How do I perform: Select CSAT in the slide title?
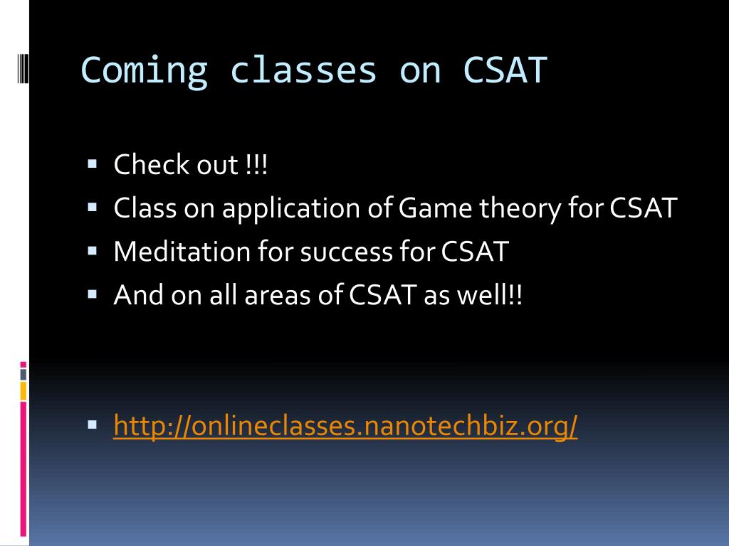pos(505,70)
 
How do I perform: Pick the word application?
pos(291,208)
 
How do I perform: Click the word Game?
pos(436,208)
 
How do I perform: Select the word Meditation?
pos(182,252)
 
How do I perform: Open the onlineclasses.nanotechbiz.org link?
pos(345,425)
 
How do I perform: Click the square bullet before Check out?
pos(92,164)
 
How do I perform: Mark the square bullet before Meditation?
pos(92,251)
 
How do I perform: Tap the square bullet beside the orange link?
pos(92,424)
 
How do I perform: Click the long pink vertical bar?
pos(23,469)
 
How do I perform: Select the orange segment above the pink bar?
pos(23,391)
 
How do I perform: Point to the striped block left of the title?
pos(23,69)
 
